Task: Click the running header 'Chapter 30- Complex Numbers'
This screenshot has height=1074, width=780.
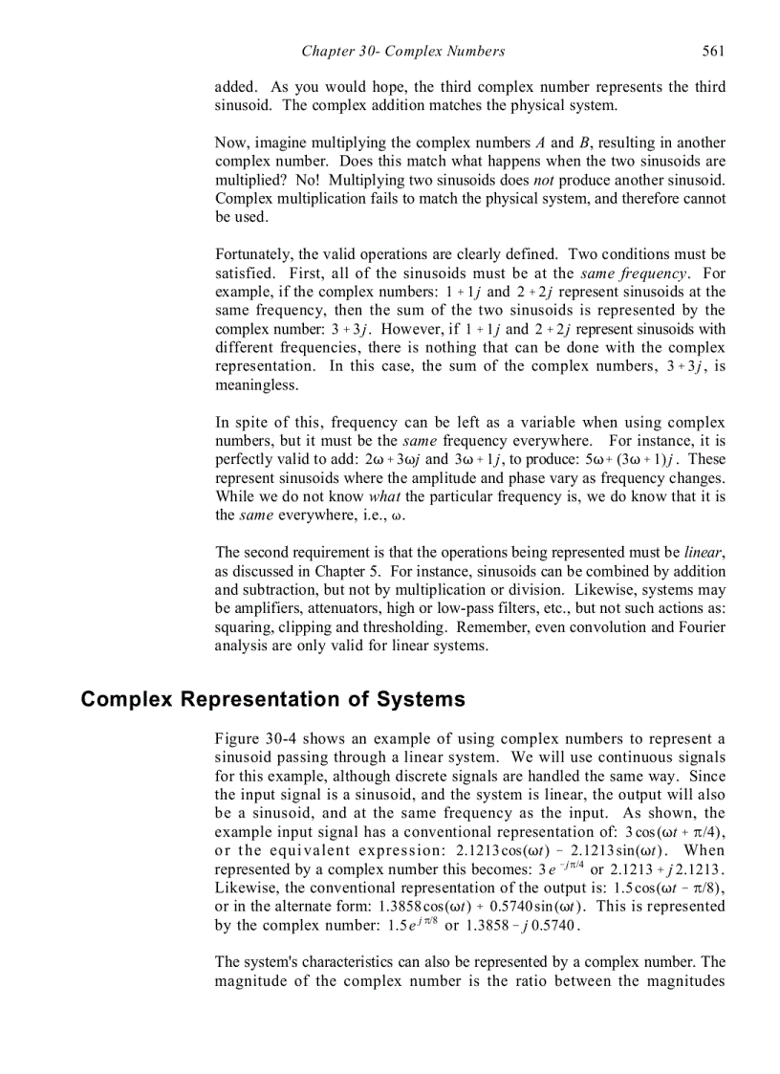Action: pos(402,51)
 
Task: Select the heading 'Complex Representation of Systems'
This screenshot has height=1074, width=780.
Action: pos(272,699)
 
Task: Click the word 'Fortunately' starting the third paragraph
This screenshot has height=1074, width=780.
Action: pos(252,254)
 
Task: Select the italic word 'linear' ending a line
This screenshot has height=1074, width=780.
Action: pos(704,553)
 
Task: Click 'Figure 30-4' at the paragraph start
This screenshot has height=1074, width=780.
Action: pos(253,739)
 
